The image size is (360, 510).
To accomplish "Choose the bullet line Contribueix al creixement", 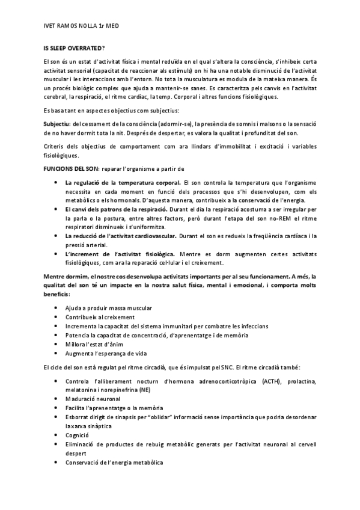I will (x=100, y=317).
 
